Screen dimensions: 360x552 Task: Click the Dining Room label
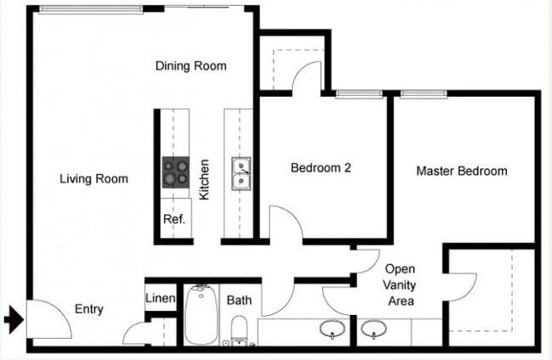click(191, 65)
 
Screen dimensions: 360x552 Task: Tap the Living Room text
click(94, 178)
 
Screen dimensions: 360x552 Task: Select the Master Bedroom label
click(461, 171)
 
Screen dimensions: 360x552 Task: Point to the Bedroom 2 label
click(321, 168)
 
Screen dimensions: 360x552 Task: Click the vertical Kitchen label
click(205, 180)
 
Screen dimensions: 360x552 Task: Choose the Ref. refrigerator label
click(174, 219)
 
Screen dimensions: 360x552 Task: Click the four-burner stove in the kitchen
click(176, 172)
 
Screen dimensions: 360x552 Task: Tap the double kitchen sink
click(241, 172)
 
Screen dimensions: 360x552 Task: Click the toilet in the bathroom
click(239, 329)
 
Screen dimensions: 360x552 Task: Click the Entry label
click(89, 309)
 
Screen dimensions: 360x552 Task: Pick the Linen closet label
click(161, 299)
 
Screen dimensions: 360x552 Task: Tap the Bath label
click(239, 301)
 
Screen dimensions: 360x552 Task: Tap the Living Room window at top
click(90, 8)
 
